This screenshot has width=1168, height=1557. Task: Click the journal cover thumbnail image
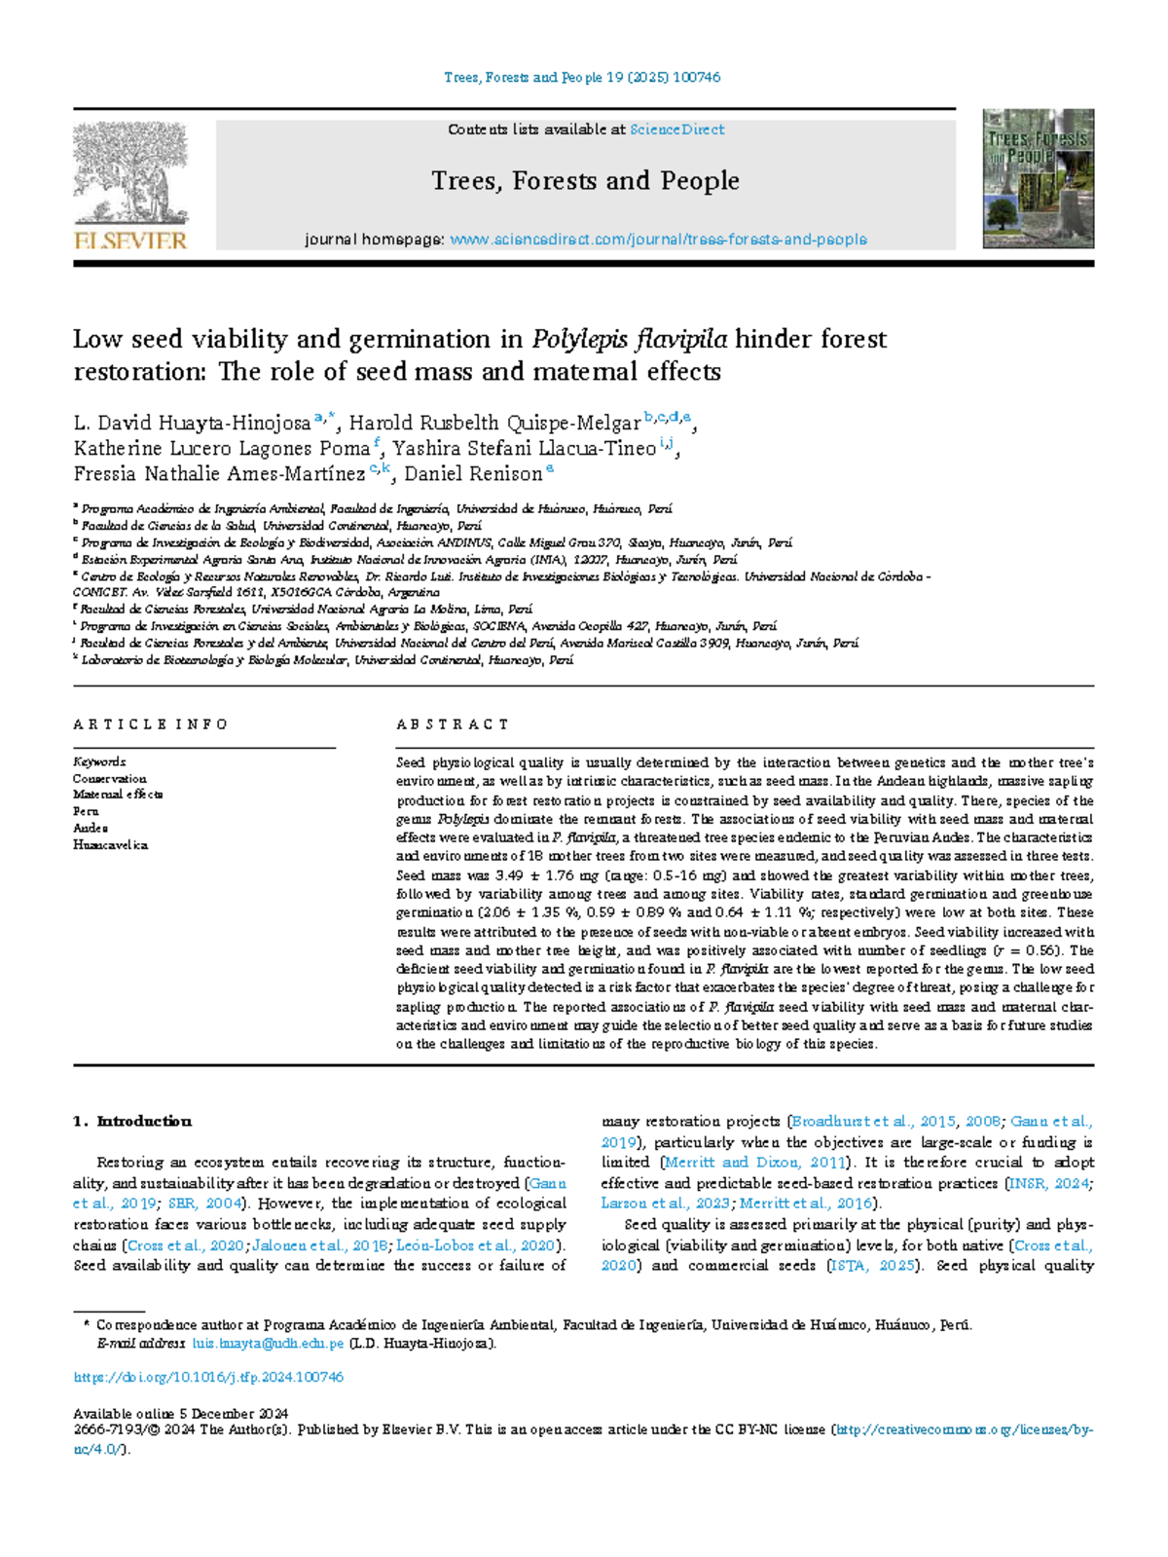coord(1038,178)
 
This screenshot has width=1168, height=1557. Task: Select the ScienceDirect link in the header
coord(676,130)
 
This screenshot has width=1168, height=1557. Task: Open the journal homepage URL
coord(658,240)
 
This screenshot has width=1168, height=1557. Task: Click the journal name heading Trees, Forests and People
coord(585,181)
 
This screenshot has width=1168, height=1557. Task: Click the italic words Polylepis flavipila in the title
coord(629,340)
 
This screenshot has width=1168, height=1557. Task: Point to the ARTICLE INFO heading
coord(150,724)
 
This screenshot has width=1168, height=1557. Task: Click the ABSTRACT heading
coord(452,724)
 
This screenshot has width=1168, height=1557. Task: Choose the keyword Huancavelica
coord(110,845)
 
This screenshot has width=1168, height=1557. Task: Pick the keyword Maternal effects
coord(118,795)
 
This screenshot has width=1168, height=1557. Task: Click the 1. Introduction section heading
coord(132,1122)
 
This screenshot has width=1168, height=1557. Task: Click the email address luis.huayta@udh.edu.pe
coord(268,1344)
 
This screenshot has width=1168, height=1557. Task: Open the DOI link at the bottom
coord(208,1378)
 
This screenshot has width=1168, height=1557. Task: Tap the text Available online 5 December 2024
coord(180,1414)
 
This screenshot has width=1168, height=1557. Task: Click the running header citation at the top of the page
coord(582,78)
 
